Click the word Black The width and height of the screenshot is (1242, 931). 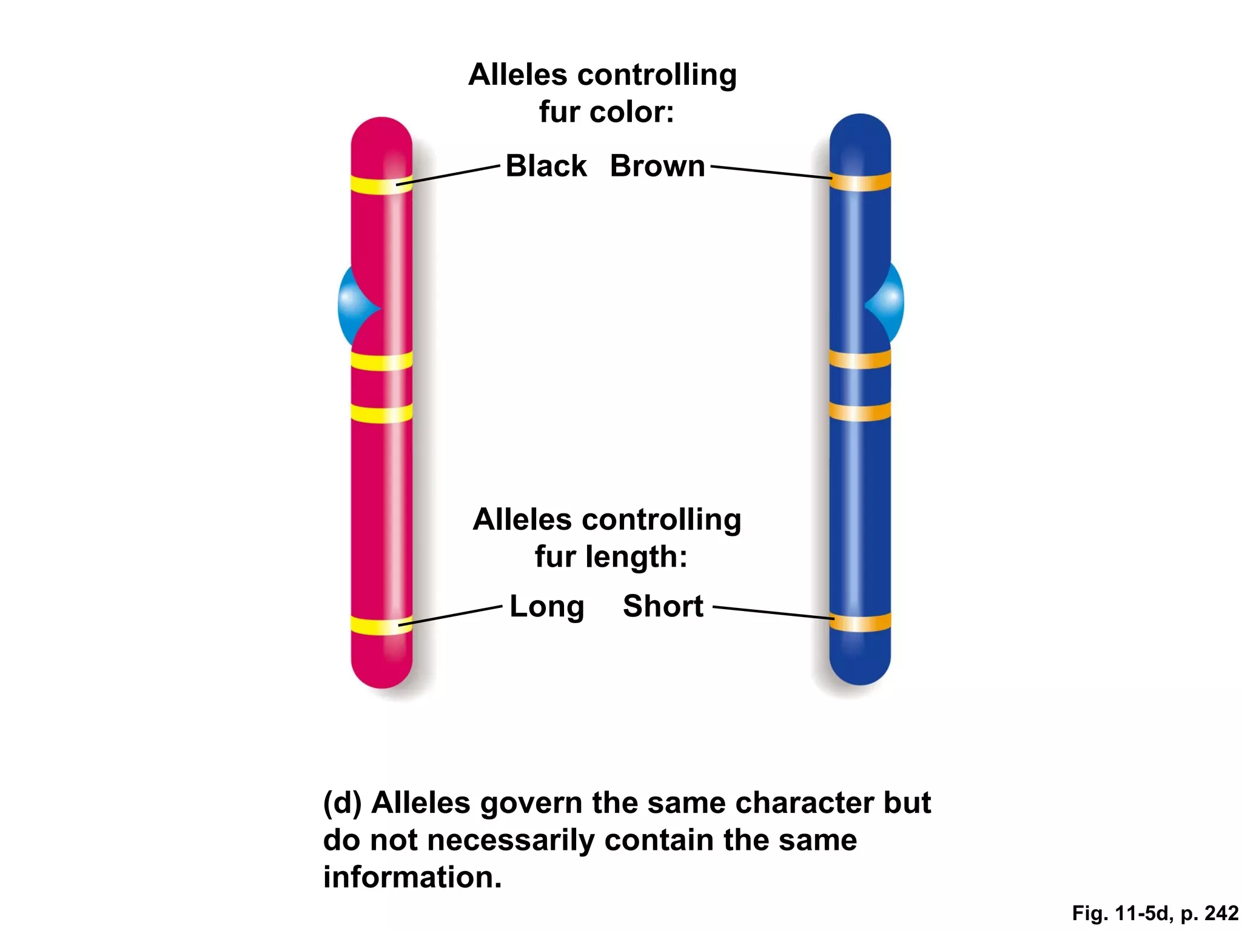coord(546,166)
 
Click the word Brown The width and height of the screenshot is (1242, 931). coord(657,166)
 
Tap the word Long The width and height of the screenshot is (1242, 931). coord(546,606)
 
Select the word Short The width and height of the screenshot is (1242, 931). coord(663,606)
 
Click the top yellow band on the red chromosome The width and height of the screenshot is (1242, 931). coord(381,184)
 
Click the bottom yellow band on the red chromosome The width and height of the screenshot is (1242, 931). coord(381,625)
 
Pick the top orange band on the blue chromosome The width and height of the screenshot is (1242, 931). coord(860,181)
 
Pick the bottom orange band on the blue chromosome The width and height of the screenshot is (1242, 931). coord(860,622)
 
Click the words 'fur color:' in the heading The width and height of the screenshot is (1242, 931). coord(606,112)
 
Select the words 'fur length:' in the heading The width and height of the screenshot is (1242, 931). coord(611,556)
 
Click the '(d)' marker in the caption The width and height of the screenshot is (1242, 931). coord(342,803)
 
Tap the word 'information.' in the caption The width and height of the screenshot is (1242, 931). coord(412,877)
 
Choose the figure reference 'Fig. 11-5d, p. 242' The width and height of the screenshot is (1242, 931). coord(1155,913)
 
